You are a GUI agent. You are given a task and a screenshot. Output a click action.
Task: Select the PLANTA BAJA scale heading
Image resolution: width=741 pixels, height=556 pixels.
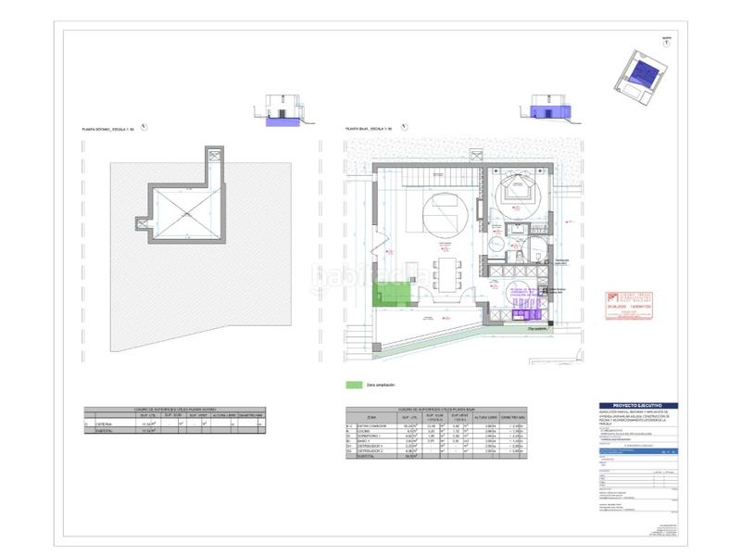(x=368, y=129)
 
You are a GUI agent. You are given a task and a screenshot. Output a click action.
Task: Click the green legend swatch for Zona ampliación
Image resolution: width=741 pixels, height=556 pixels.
(x=352, y=384)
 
